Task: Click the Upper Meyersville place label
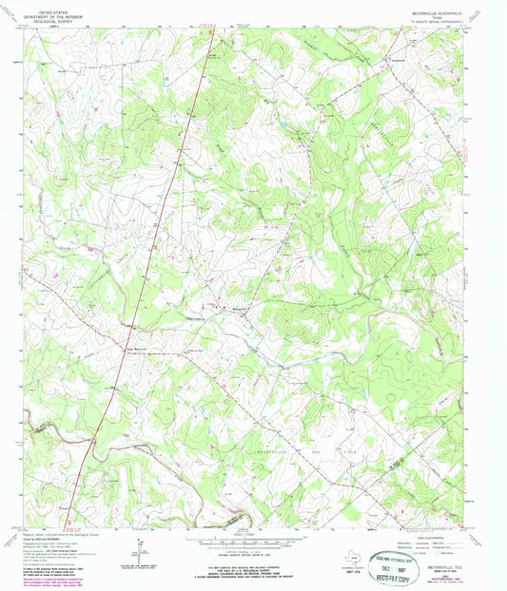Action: (x=138, y=345)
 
